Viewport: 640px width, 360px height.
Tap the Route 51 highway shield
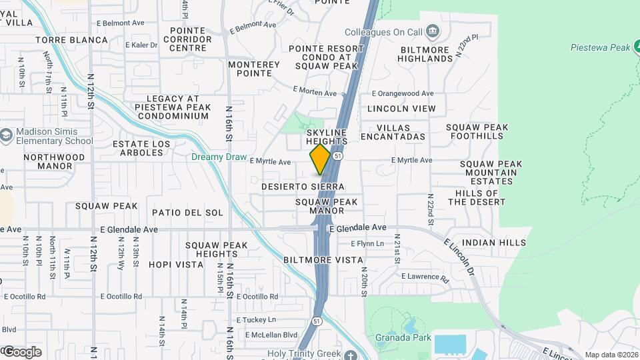pos(339,155)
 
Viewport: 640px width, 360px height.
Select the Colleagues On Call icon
pos(433,31)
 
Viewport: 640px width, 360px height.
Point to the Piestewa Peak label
pos(601,47)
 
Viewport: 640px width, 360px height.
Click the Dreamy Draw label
pos(216,157)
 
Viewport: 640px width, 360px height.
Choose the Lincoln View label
pos(401,109)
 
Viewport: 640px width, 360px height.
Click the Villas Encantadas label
pos(393,131)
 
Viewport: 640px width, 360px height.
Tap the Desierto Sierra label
pos(303,187)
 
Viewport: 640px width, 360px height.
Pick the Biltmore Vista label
pos(323,260)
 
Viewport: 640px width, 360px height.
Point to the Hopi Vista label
pos(175,265)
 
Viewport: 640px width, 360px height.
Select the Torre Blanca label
pos(72,40)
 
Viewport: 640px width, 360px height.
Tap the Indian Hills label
pos(493,243)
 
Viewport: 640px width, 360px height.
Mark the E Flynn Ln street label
pos(367,244)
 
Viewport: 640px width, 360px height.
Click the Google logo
pos(22,351)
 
